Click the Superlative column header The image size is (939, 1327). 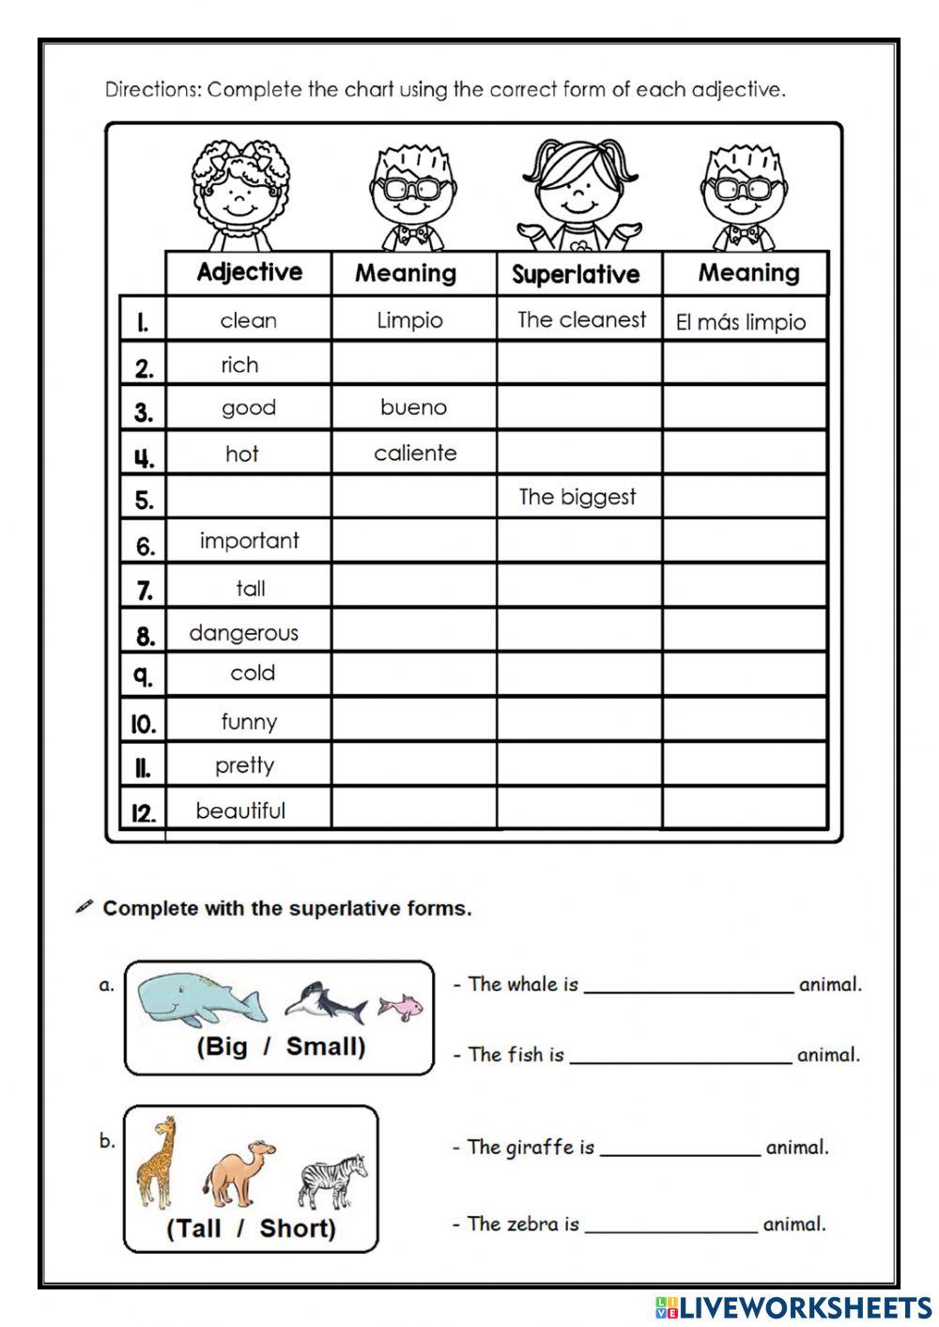[x=576, y=274]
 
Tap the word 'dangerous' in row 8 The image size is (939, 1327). [x=243, y=633]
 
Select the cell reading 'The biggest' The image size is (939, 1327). [x=577, y=497]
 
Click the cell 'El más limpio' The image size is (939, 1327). [x=741, y=322]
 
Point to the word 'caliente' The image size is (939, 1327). [x=415, y=453]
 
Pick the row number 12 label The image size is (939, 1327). [x=143, y=812]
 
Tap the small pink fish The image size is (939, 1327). [x=400, y=1007]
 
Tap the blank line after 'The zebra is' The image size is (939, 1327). [x=670, y=1227]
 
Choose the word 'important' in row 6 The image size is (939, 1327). [x=249, y=541]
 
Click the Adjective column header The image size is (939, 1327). [x=249, y=272]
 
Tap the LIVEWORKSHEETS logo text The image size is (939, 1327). [x=794, y=1306]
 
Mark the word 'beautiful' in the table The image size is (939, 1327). [x=240, y=810]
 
